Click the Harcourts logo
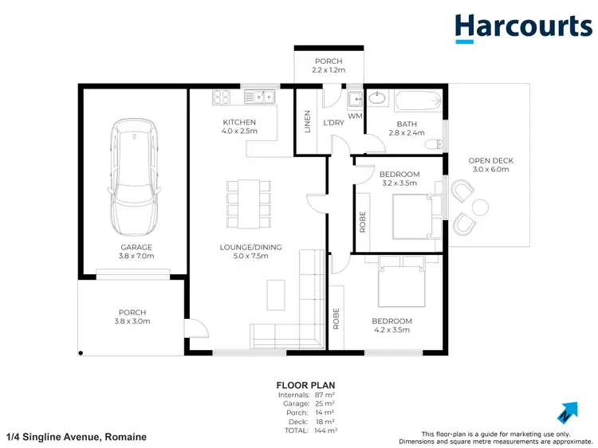tap(523, 27)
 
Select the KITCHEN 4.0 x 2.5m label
tap(239, 127)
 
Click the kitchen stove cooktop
tap(221, 97)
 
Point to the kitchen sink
tap(259, 97)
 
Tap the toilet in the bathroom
tap(433, 143)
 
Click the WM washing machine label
tap(356, 116)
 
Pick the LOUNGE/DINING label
tap(251, 247)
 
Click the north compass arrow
tap(567, 412)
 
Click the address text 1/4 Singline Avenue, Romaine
tap(77, 437)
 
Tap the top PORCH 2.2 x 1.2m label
tap(328, 66)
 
